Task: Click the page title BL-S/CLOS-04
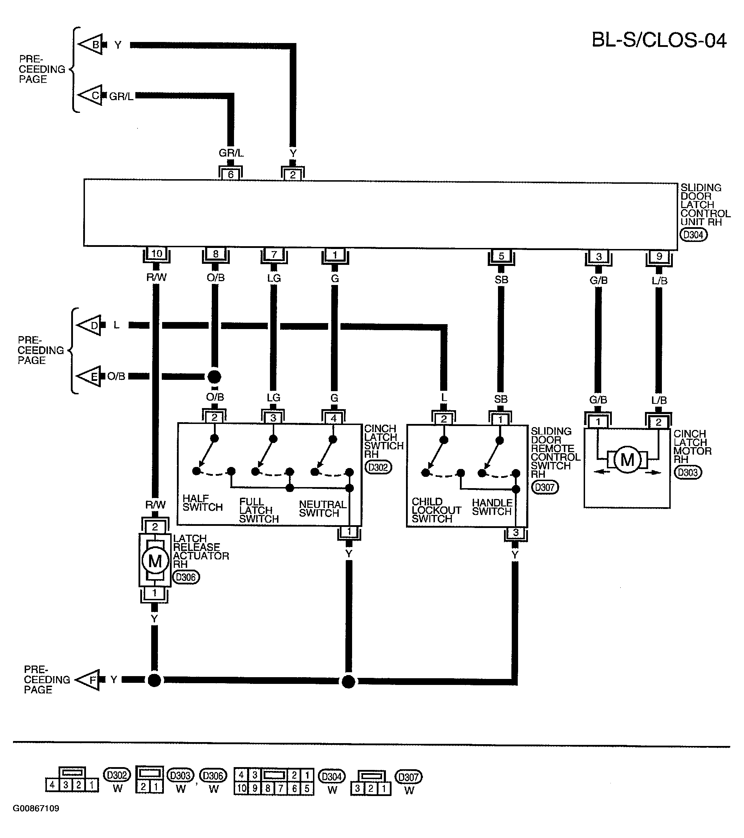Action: click(659, 41)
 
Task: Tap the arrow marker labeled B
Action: click(91, 44)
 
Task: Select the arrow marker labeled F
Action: click(88, 680)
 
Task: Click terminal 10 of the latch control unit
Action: click(156, 254)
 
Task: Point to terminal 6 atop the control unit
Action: click(230, 174)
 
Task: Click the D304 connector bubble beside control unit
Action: click(693, 235)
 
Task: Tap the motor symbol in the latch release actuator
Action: click(155, 561)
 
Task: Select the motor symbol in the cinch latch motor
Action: click(627, 460)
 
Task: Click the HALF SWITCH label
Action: click(202, 503)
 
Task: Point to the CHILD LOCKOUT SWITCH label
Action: click(436, 510)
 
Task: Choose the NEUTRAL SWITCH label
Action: click(322, 508)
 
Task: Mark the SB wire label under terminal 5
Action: click(501, 280)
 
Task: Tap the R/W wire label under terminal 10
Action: click(156, 278)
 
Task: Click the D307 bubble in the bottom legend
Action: click(408, 777)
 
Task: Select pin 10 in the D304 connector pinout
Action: click(242, 788)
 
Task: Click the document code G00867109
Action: click(36, 820)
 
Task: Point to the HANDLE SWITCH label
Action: click(492, 507)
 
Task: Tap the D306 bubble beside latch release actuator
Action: click(186, 577)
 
